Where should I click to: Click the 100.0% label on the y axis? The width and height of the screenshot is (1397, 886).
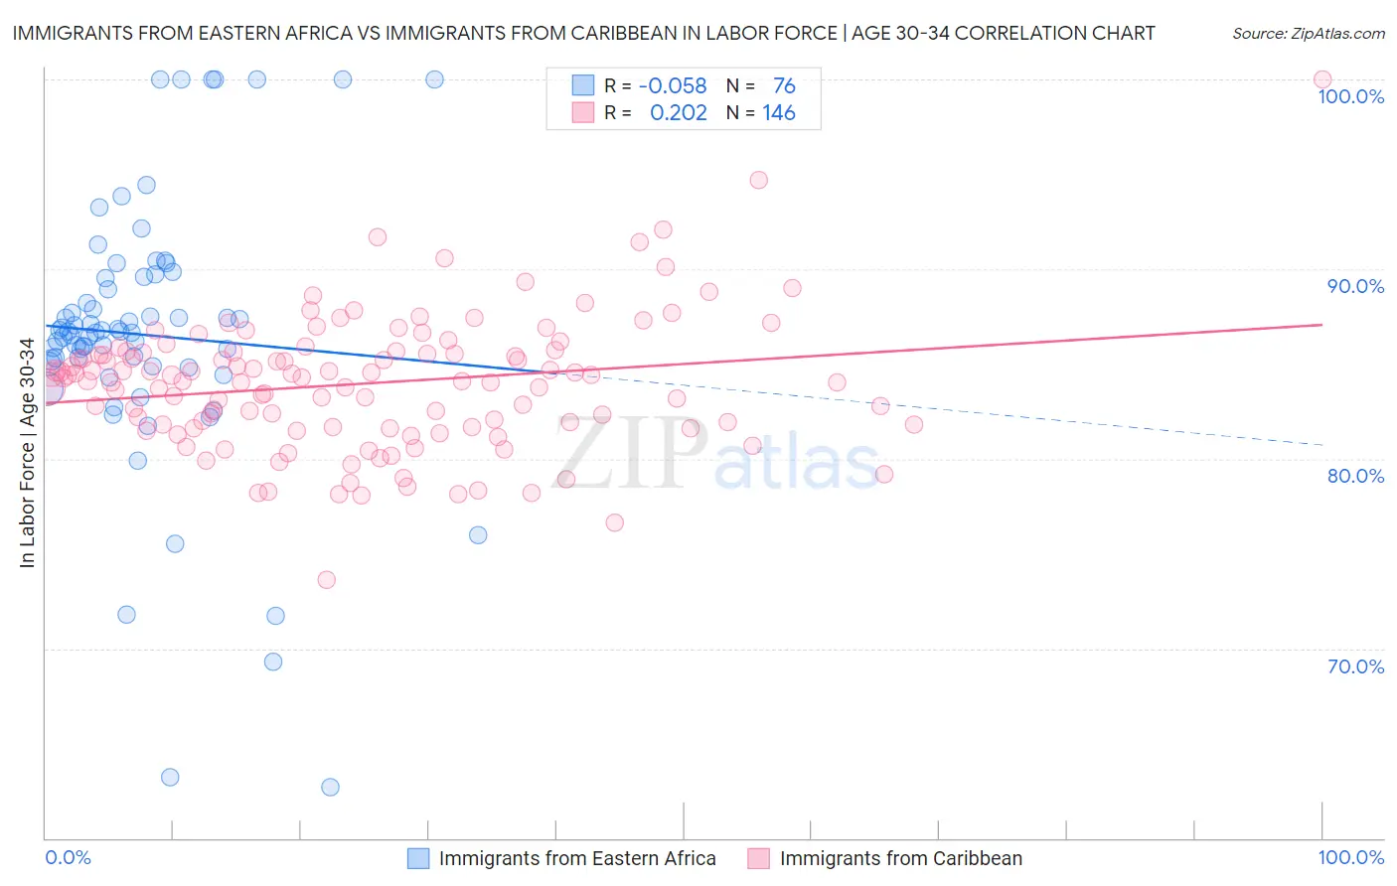pyautogui.click(x=1350, y=96)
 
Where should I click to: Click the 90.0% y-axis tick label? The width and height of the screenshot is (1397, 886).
pyautogui.click(x=1355, y=286)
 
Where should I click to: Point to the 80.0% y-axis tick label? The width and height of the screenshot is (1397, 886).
pyautogui.click(x=1355, y=476)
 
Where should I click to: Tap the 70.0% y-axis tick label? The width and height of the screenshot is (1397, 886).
pyautogui.click(x=1355, y=666)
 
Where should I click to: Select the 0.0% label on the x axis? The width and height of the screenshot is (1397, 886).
pyautogui.click(x=68, y=857)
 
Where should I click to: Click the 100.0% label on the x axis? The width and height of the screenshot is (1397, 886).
pyautogui.click(x=1350, y=857)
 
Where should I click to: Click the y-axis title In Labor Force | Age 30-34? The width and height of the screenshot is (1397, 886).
pyautogui.click(x=27, y=453)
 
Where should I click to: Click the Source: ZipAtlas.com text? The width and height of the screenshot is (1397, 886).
pyautogui.click(x=1308, y=34)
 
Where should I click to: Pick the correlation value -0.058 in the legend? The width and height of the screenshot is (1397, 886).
pyautogui.click(x=673, y=86)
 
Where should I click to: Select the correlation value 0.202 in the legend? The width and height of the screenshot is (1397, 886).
pyautogui.click(x=679, y=113)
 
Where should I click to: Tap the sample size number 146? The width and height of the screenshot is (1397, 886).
pyautogui.click(x=779, y=113)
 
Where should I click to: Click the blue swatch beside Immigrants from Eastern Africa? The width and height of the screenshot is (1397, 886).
pyautogui.click(x=418, y=858)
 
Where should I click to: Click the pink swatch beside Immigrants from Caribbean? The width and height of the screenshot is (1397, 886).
pyautogui.click(x=759, y=858)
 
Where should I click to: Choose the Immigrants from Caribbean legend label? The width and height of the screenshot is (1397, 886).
pyautogui.click(x=900, y=858)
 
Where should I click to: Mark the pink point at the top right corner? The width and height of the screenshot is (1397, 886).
pyautogui.click(x=1321, y=79)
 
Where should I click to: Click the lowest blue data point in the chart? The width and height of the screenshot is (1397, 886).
pyautogui.click(x=330, y=787)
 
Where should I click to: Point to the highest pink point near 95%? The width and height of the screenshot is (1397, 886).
pyautogui.click(x=758, y=180)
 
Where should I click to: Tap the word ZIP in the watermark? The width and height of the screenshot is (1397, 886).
pyautogui.click(x=629, y=455)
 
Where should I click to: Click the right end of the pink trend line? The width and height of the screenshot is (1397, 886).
pyautogui.click(x=1321, y=325)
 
